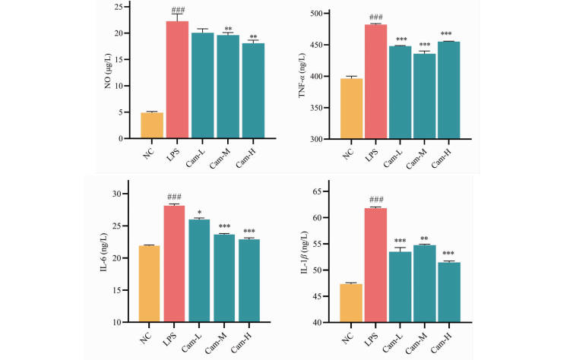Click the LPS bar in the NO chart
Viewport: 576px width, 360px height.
coord(177,80)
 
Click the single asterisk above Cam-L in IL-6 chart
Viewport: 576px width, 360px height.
coord(200,212)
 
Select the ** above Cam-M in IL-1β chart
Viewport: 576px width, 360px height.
coord(426,238)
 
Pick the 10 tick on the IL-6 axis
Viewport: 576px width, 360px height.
coord(120,322)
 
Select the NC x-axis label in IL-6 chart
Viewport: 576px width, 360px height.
coord(146,336)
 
